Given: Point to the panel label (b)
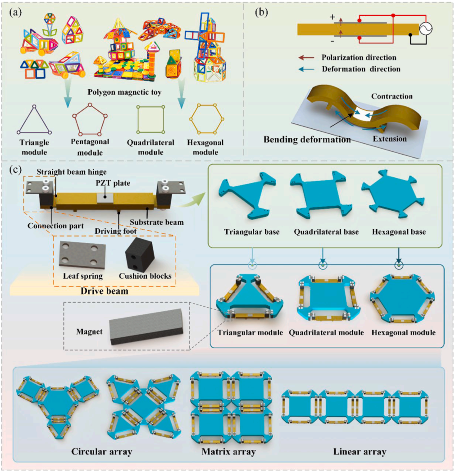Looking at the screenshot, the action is (x=261, y=12).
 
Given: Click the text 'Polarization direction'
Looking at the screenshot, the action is (x=359, y=57).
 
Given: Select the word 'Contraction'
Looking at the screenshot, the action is (x=392, y=96).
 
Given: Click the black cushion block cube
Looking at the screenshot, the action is (x=140, y=254).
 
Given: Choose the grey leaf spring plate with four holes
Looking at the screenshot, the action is (x=82, y=254).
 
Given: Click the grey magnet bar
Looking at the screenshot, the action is (x=146, y=327).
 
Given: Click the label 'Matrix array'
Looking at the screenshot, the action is (x=228, y=451).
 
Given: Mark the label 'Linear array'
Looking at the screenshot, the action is (x=359, y=451).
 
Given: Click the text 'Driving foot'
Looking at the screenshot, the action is (x=116, y=231).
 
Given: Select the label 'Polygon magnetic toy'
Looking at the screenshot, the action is (x=124, y=92).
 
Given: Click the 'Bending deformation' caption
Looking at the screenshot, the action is (x=307, y=139).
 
